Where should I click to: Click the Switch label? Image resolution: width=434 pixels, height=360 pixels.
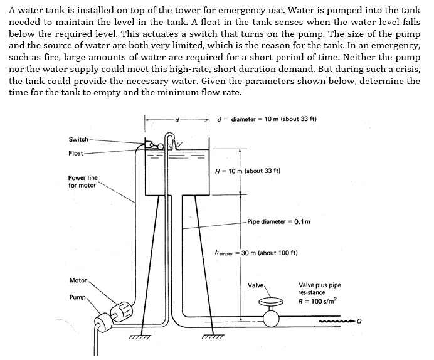tap(78, 139)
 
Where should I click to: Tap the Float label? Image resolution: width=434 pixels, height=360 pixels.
tap(77, 152)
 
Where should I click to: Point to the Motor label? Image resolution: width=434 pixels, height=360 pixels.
tap(78, 280)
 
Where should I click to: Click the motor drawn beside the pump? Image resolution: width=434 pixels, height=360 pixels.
tap(121, 310)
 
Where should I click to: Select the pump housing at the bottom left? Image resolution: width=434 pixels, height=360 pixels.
tap(101, 325)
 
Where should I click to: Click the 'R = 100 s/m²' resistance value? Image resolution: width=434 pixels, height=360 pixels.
tap(319, 301)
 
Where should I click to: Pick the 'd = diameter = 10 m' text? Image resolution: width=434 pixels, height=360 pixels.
tap(266, 119)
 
